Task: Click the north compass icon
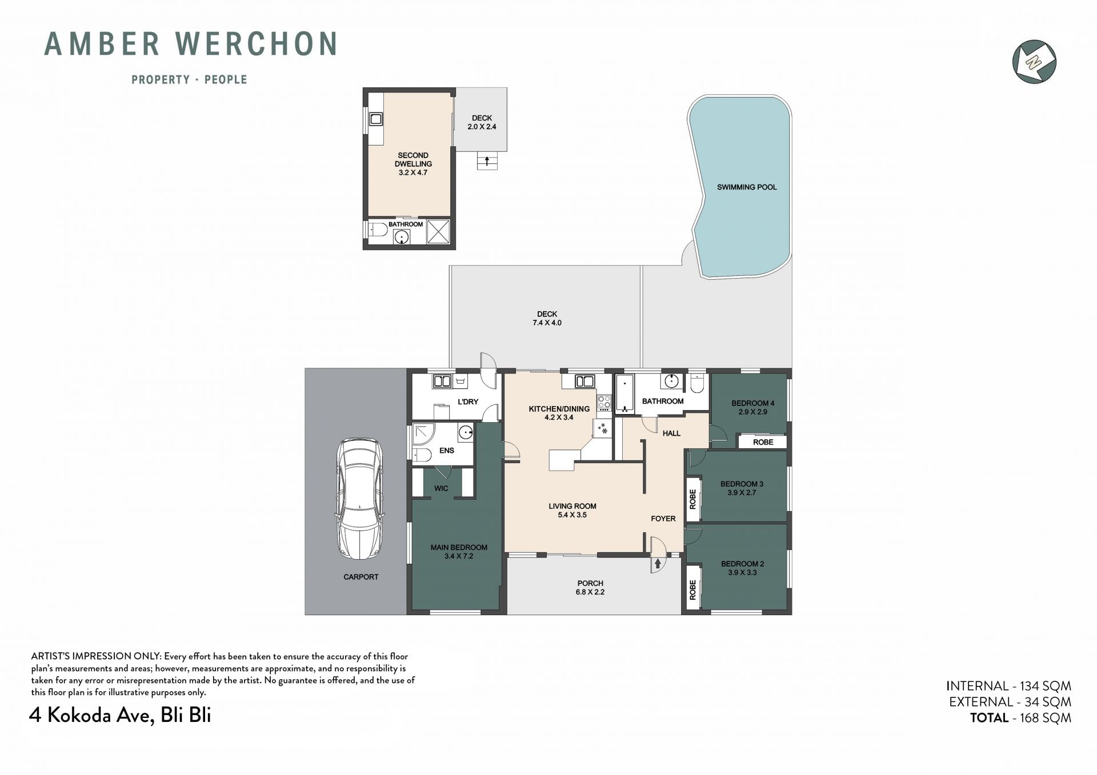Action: tap(1034, 61)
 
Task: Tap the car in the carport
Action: tap(360, 499)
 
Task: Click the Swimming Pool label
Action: tap(747, 187)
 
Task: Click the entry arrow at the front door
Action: tap(658, 564)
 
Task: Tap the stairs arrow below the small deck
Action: tap(487, 160)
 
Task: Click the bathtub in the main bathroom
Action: tap(624, 393)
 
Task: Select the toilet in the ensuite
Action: tap(421, 455)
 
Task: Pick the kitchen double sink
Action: tap(584, 381)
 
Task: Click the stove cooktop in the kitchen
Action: tap(604, 403)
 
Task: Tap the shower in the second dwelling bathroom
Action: tap(439, 232)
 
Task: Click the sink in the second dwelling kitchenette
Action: tap(376, 119)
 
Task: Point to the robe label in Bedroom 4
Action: tap(763, 442)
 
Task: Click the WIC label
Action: tap(441, 488)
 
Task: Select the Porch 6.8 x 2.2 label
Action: tap(590, 588)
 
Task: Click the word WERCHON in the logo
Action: tap(256, 44)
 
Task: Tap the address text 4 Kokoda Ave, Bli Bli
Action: tap(120, 715)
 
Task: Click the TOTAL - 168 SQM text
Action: tap(1020, 718)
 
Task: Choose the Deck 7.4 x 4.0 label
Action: tap(547, 318)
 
